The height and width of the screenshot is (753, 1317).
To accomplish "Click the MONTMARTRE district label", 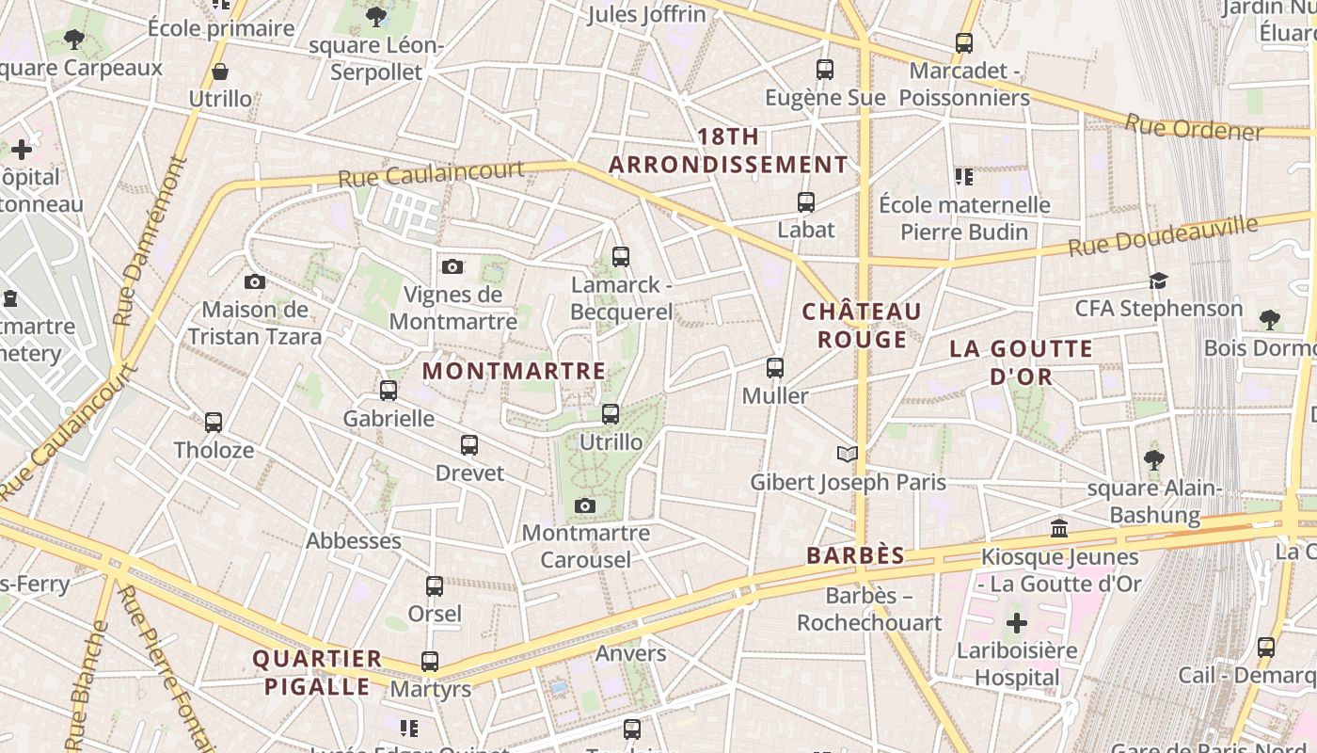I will tap(514, 371).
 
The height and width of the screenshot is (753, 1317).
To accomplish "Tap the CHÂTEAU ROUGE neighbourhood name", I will tap(862, 325).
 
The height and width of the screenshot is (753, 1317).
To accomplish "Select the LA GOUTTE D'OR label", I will tap(1021, 362).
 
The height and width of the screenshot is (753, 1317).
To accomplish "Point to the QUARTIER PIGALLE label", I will tap(317, 672).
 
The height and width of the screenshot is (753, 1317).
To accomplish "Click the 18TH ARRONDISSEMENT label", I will tap(728, 151).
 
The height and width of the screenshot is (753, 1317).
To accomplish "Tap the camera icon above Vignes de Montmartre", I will tap(452, 267).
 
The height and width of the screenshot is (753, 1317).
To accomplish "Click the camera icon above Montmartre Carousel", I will tap(585, 506).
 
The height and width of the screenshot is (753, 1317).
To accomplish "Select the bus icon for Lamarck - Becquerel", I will tap(621, 256).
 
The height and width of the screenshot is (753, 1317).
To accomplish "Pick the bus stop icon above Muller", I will tap(775, 368).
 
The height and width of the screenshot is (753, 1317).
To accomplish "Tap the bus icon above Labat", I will tap(806, 202).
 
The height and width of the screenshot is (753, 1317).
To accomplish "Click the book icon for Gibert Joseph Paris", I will tap(848, 455).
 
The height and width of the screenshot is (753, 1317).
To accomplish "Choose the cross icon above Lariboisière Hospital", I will tap(1017, 623).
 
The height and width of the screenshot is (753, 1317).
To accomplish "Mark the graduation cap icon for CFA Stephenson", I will tap(1158, 281).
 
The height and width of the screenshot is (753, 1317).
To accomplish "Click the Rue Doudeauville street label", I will tap(1163, 235).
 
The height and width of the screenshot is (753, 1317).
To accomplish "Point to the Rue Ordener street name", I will tap(1194, 128).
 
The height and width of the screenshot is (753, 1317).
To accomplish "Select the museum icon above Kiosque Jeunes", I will tap(1059, 529).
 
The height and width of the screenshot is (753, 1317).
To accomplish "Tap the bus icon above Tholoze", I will tap(214, 423).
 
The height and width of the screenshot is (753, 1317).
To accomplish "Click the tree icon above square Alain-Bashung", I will tap(1154, 460).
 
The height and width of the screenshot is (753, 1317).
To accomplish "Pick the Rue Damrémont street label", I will tap(149, 242).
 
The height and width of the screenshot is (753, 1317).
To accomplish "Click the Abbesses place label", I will tap(354, 541).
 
